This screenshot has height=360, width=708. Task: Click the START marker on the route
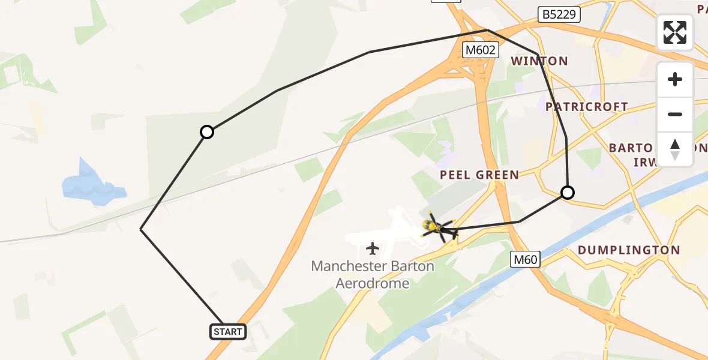228,331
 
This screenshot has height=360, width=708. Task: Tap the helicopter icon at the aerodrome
440,228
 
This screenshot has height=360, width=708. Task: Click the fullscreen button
675,32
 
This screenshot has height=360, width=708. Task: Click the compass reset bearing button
675,149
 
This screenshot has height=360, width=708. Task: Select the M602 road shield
480,50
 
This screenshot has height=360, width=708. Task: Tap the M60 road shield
526,260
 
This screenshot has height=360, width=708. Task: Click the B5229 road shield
559,14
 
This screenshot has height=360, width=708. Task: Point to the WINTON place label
539,61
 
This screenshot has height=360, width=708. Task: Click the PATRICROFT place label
586,107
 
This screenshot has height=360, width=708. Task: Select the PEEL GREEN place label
479,175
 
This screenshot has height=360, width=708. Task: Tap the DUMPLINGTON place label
628,250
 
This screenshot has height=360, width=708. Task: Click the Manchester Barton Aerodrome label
372,274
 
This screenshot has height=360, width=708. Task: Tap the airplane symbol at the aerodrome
373,248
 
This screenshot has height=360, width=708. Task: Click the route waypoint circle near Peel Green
567,193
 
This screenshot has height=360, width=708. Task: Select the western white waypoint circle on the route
207,132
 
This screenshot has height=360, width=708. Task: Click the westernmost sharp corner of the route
140,229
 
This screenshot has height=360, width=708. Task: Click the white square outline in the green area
11,74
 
